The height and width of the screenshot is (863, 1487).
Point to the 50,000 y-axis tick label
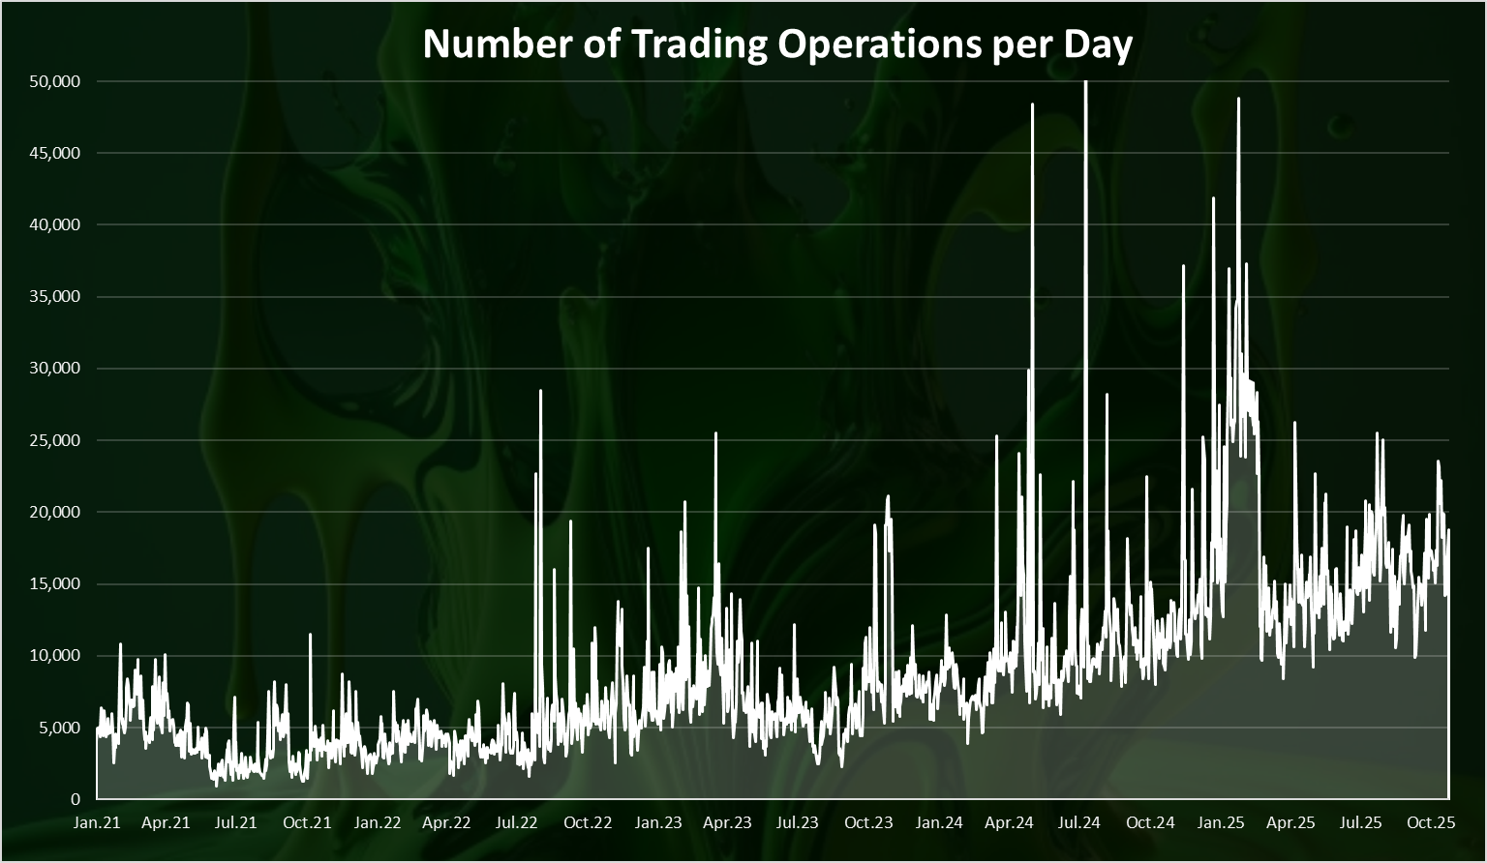coord(55,81)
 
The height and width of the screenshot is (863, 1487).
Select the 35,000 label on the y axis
coord(55,297)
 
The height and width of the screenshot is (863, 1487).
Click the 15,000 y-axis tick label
coord(55,584)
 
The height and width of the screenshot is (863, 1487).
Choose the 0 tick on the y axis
coord(76,799)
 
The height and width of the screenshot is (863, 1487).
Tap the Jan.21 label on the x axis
coord(97,823)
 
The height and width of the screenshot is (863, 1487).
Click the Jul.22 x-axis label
coord(516,823)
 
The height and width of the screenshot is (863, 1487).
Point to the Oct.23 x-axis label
coord(868,823)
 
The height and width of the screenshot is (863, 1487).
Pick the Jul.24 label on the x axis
coord(1078,823)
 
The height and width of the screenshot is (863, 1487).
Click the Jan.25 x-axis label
coord(1221,823)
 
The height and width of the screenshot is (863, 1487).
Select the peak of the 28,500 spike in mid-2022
coord(540,391)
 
